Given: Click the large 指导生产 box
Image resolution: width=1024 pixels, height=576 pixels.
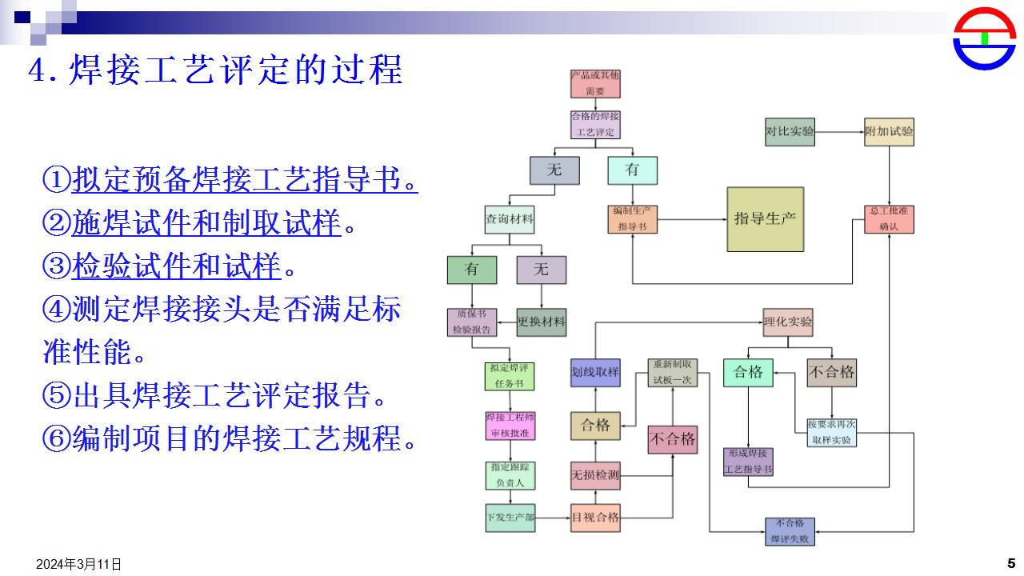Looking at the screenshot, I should click(765, 219).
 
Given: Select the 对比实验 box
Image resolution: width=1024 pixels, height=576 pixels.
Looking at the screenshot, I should click(790, 131).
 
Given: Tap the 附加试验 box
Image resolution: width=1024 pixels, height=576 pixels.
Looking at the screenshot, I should click(889, 131).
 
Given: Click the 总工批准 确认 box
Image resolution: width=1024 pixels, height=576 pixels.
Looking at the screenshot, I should click(889, 219).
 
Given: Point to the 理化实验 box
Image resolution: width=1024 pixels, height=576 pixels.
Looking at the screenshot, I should click(788, 322).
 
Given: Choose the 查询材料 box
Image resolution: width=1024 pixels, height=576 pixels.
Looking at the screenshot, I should click(510, 219).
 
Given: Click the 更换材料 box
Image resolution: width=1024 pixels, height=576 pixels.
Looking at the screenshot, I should click(542, 322).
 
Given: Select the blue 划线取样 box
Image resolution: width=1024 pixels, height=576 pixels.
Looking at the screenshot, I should click(595, 373).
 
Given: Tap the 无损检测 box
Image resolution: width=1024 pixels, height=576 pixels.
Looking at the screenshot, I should click(595, 475).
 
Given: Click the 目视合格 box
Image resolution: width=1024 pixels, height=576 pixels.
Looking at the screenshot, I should click(595, 518).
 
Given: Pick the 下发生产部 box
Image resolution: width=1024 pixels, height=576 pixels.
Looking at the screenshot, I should click(510, 518).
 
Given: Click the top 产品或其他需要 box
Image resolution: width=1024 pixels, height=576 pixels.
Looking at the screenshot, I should click(595, 84).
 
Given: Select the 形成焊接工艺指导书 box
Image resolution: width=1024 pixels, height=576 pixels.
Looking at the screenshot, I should click(748, 462).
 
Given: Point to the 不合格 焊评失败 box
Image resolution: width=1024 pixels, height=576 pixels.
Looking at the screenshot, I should click(790, 531).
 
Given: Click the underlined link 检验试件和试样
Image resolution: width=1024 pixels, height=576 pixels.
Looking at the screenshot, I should click(177, 266).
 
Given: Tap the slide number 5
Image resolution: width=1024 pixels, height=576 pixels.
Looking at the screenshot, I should click(1010, 562).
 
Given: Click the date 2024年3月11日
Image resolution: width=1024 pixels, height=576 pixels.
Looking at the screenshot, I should click(79, 564).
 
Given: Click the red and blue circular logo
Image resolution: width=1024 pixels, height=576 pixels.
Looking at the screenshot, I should click(984, 38).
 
